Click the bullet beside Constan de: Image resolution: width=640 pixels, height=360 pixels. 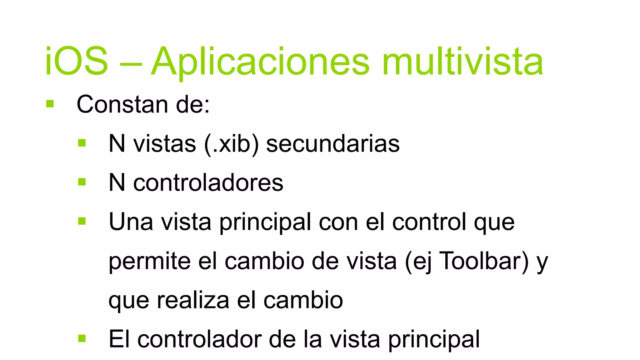50,104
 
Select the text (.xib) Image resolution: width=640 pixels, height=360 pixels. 231,144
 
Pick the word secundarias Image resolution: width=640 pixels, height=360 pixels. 333,144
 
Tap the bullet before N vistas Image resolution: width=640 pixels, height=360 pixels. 82,143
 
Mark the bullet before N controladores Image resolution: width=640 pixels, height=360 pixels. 82,182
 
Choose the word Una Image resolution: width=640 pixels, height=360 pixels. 131,222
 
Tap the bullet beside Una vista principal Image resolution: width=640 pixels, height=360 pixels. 82,221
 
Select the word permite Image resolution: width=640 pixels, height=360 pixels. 149,261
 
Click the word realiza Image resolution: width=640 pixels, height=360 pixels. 193,300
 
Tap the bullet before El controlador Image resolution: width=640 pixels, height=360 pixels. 82,338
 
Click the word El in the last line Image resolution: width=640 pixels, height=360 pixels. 119,339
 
